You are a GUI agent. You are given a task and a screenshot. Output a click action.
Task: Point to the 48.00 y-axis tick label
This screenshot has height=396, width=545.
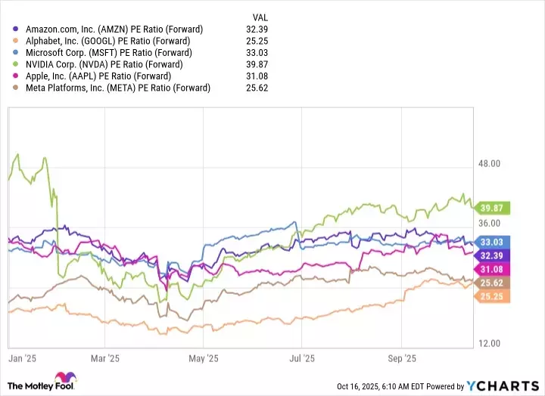(x=493, y=163)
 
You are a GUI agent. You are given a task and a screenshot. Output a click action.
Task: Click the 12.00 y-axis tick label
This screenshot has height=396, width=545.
(x=493, y=343)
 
